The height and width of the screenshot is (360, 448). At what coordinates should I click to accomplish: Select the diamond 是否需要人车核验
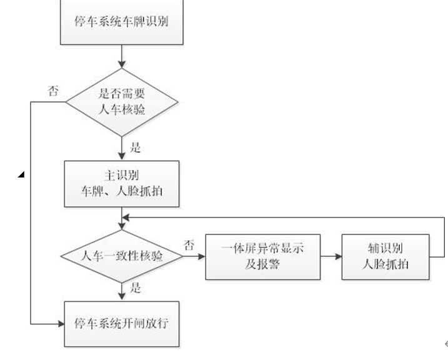[122, 102]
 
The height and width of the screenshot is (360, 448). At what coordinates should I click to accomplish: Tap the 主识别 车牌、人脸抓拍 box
[122, 184]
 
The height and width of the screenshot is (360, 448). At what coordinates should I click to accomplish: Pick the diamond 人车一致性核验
[122, 256]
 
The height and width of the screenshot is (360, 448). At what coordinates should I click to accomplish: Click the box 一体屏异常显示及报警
[262, 256]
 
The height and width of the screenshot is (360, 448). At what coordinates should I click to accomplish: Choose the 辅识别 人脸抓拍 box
[386, 256]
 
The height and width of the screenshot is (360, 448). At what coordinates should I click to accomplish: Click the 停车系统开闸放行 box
[122, 323]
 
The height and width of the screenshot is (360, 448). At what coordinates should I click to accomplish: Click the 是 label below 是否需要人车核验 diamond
[136, 148]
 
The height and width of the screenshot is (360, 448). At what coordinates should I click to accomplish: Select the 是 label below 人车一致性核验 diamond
[136, 288]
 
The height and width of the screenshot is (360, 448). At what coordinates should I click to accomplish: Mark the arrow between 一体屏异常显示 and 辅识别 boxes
[331, 256]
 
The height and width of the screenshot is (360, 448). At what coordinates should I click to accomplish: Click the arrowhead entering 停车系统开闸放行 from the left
[61, 323]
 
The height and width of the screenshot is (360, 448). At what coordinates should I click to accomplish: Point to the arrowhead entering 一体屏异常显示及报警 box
[201, 256]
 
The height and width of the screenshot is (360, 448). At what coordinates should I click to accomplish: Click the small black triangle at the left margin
[21, 174]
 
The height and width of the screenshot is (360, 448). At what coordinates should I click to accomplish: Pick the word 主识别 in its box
[122, 175]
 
